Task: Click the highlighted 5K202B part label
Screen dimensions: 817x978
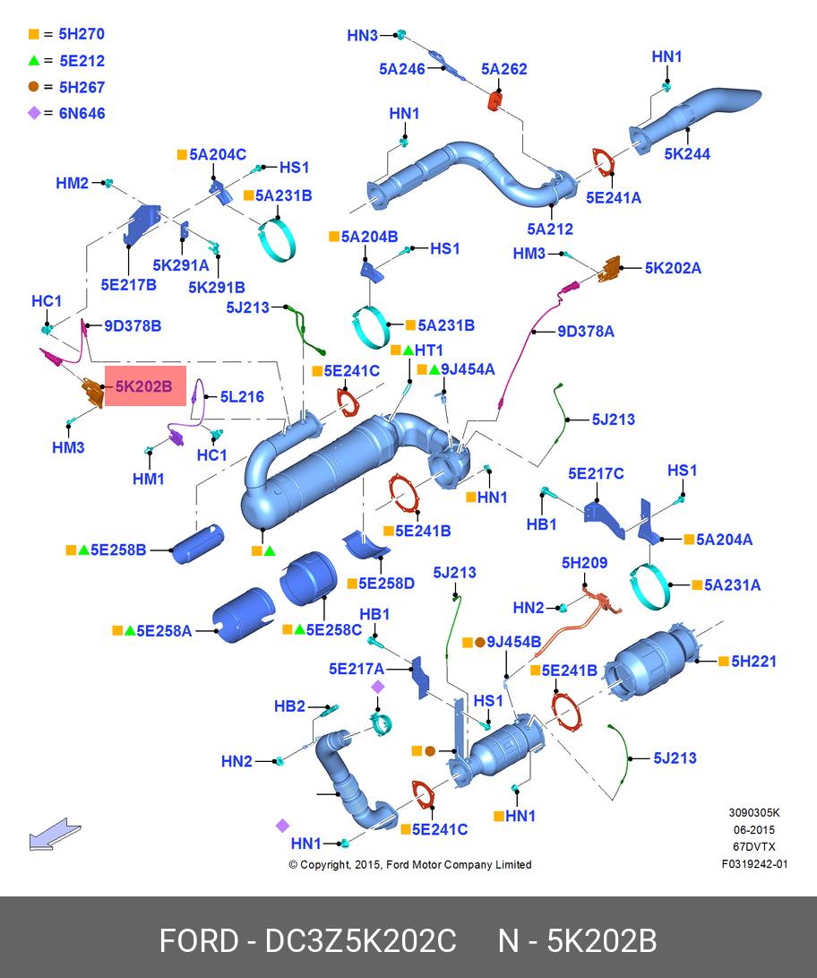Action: [x=144, y=386]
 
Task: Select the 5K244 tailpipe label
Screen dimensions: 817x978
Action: [x=687, y=154]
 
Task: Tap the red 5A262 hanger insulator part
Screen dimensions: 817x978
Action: [x=496, y=100]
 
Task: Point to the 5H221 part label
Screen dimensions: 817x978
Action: [x=753, y=662]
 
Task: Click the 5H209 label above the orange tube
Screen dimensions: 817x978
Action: [x=584, y=563]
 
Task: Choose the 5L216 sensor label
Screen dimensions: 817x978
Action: [x=242, y=397]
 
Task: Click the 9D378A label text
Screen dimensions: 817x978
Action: [x=586, y=331]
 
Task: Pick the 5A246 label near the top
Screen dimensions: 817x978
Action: [x=402, y=69]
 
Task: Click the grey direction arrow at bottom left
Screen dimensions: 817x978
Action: [x=55, y=834]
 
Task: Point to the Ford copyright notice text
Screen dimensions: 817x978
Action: [x=410, y=864]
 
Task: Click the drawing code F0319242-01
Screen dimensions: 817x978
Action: [x=754, y=864]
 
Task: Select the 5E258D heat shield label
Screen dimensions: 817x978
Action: [x=386, y=584]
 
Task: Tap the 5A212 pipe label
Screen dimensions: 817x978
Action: [x=550, y=229]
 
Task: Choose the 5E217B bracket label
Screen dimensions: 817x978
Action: [x=128, y=284]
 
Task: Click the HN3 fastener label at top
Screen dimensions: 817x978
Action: [x=362, y=36]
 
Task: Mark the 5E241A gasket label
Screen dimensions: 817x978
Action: [x=614, y=198]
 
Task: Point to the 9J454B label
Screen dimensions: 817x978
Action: [x=513, y=642]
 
